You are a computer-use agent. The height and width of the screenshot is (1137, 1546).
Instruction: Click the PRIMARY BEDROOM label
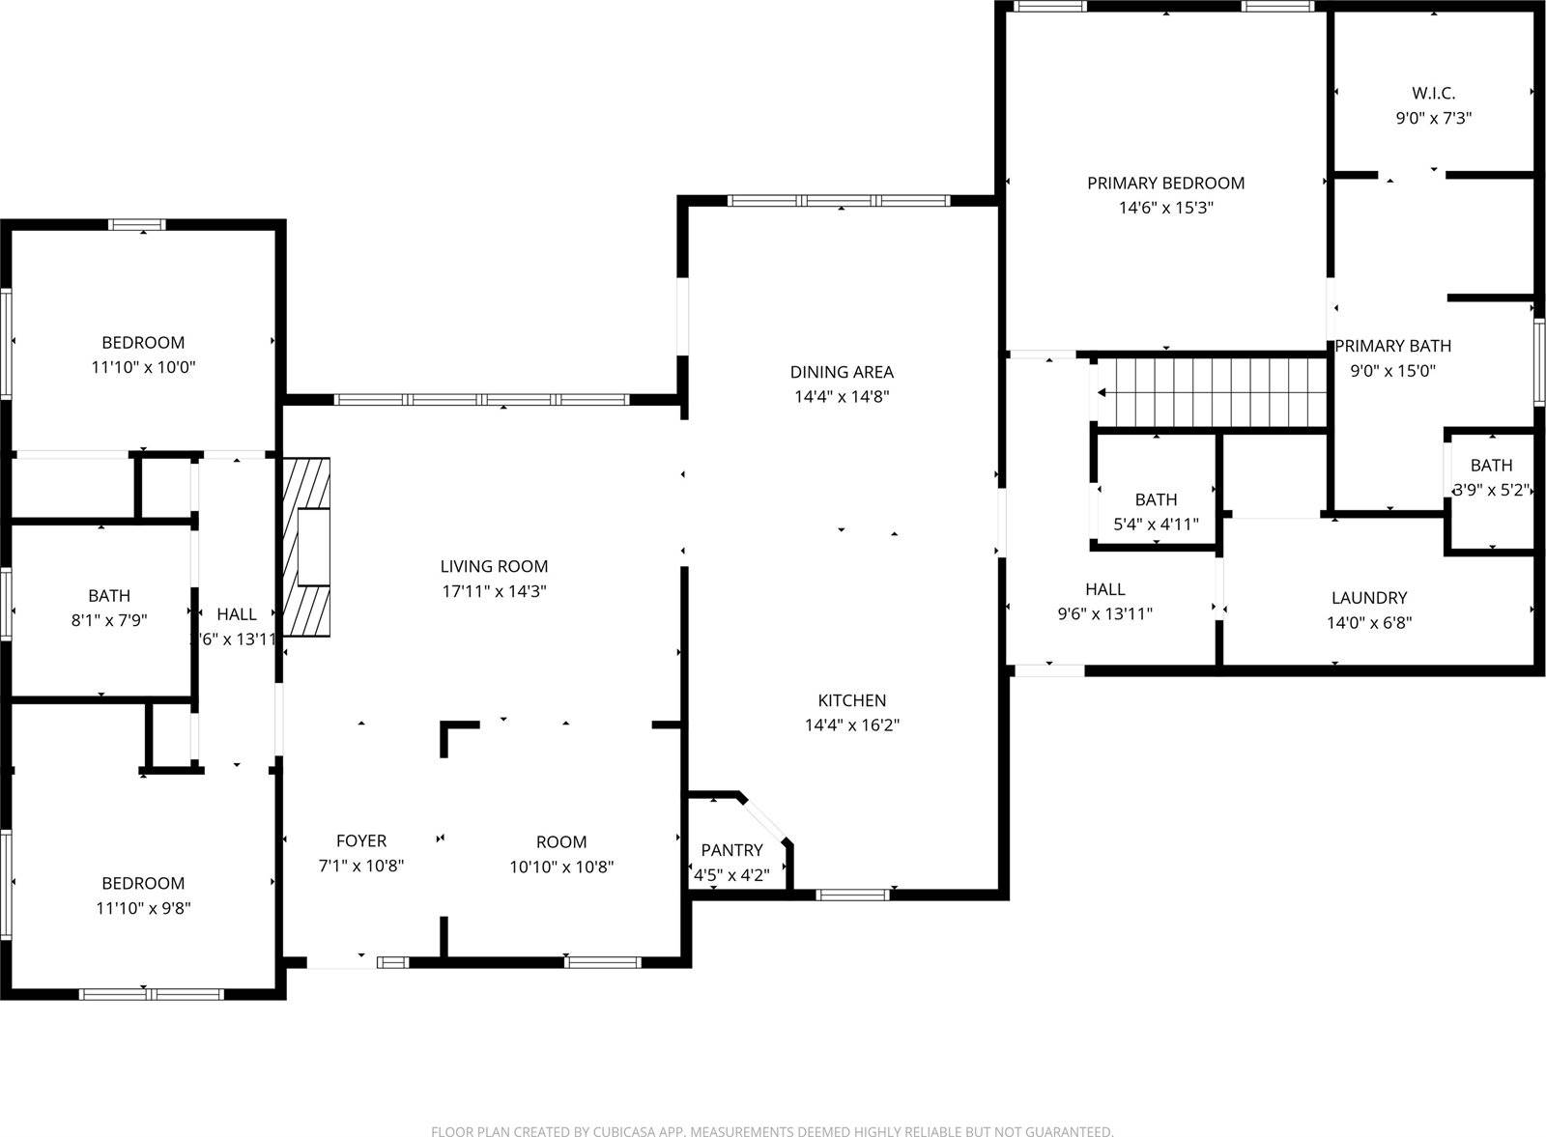click(x=1165, y=183)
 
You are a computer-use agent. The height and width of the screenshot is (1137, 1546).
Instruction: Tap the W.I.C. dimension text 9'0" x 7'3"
click(x=1433, y=118)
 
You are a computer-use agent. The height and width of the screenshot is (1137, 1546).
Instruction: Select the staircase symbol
click(x=1213, y=392)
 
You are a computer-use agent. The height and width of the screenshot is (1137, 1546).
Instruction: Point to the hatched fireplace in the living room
click(x=306, y=547)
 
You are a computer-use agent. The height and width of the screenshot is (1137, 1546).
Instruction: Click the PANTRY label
click(x=731, y=850)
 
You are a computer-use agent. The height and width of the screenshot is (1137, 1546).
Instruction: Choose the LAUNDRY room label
click(x=1368, y=598)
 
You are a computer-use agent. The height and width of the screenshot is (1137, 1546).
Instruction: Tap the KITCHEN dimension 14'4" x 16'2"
click(x=852, y=725)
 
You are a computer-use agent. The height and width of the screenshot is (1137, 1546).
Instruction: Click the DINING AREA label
click(x=842, y=372)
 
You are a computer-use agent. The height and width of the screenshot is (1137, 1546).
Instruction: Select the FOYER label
click(x=361, y=841)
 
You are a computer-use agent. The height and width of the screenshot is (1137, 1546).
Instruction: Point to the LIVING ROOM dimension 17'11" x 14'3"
click(x=495, y=591)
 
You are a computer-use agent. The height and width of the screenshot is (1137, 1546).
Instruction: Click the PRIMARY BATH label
click(x=1392, y=346)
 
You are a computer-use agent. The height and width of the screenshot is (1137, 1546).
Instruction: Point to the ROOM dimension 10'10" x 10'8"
click(x=561, y=867)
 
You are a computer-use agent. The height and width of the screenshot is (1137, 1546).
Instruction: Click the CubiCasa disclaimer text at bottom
click(x=772, y=1130)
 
